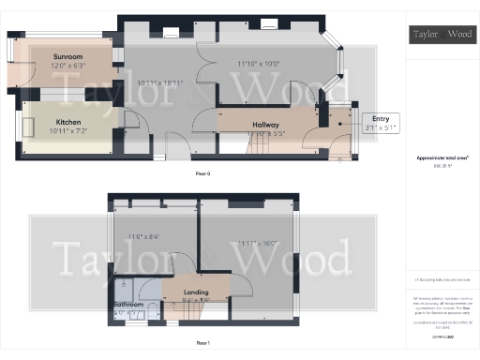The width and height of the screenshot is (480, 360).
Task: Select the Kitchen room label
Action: (68, 122)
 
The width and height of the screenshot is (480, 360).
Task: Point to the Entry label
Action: (381, 118)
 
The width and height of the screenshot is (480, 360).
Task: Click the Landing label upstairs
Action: (196, 292)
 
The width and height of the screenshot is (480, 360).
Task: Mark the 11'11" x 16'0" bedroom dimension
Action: (255, 244)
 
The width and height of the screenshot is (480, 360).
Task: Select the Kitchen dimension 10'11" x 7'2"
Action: (68, 131)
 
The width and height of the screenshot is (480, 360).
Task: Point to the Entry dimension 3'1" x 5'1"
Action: (381, 127)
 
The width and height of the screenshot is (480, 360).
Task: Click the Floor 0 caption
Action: (204, 174)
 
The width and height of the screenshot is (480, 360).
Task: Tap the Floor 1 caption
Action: (204, 343)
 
